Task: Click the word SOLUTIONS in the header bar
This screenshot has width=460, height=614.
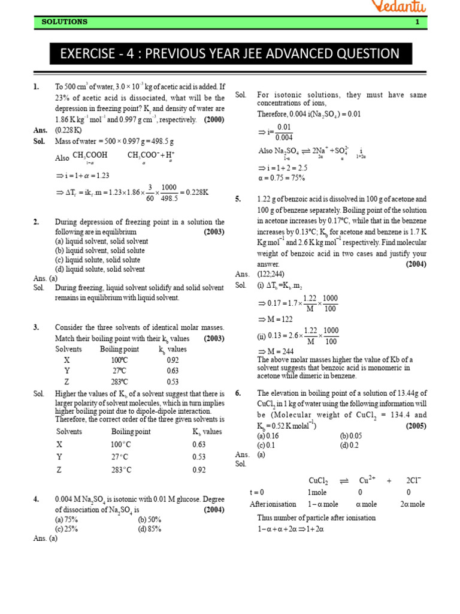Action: click(64, 22)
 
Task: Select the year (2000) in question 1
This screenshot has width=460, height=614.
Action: click(214, 119)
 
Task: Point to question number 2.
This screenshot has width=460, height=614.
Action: click(37, 222)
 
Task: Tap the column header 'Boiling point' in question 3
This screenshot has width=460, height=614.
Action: click(119, 349)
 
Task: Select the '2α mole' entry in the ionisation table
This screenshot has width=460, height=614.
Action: click(412, 504)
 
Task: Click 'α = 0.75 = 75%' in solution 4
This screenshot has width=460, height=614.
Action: click(281, 177)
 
